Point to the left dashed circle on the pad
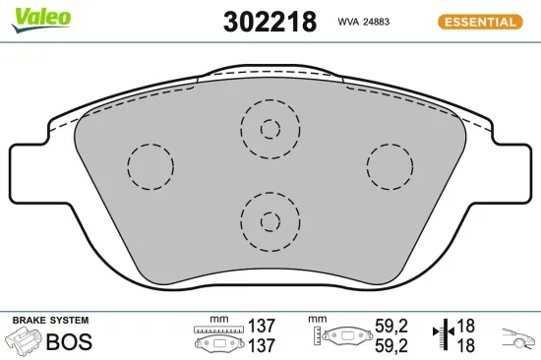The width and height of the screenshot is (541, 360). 150,165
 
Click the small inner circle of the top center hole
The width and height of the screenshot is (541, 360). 270,128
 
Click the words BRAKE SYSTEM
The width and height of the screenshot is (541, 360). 49,321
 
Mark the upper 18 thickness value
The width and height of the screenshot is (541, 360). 465,325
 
